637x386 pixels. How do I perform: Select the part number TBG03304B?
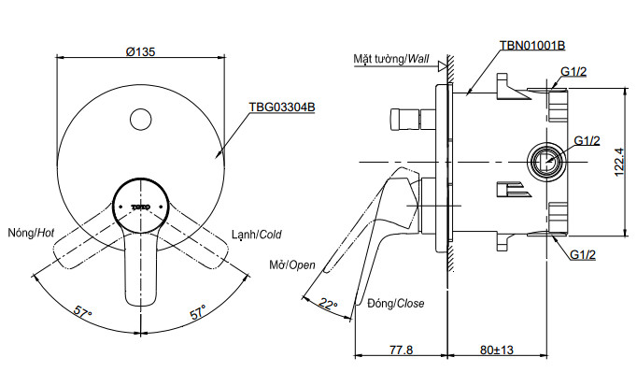click(x=281, y=107)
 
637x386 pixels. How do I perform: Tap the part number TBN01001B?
click(x=532, y=45)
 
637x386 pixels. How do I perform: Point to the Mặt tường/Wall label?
click(x=390, y=59)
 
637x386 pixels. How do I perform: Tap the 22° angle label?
click(x=327, y=302)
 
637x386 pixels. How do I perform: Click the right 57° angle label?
click(x=197, y=311)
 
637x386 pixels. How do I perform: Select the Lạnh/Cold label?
click(x=256, y=235)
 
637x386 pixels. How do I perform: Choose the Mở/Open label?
click(x=292, y=265)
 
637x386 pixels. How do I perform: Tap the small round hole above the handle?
click(x=139, y=120)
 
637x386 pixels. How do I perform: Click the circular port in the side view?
click(x=545, y=162)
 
